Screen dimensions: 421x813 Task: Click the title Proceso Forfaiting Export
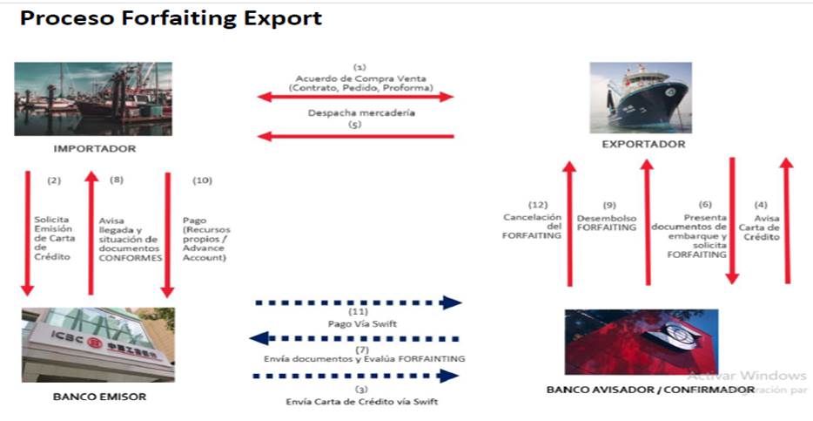coord(171,17)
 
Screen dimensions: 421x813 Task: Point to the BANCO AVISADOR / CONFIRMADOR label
coord(650,390)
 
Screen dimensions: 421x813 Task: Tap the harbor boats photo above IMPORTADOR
coord(93,98)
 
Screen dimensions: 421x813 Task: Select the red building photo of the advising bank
coord(642,341)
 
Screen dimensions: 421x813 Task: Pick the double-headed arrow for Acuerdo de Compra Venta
coord(356,97)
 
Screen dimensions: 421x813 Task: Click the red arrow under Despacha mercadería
coord(356,136)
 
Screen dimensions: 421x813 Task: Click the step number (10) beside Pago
coord(202,180)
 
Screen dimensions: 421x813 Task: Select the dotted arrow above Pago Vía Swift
coord(358,302)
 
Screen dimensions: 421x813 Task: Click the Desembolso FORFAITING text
coord(606,223)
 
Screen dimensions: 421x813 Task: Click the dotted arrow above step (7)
coord(356,338)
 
